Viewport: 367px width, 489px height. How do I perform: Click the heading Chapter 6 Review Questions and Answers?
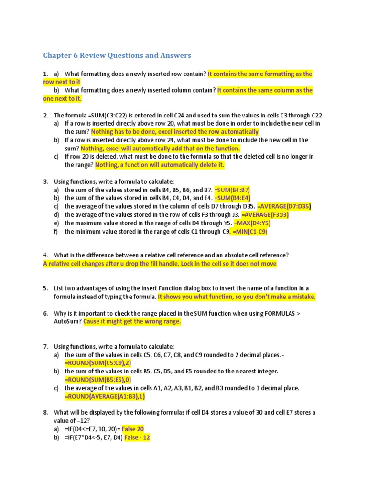(x=117, y=55)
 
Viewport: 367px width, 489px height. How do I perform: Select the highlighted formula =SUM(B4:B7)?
(x=232, y=190)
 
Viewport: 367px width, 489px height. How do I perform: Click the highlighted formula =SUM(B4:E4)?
(x=232, y=198)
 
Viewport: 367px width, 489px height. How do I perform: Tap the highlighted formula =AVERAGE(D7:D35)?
(x=284, y=207)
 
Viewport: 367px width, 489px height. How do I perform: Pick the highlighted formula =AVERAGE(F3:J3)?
(x=265, y=215)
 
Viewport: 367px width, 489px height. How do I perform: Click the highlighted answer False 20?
(x=133, y=429)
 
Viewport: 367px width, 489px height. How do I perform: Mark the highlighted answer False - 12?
(x=137, y=437)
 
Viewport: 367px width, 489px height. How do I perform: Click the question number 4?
(x=45, y=255)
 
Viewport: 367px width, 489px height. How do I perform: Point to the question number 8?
(x=45, y=412)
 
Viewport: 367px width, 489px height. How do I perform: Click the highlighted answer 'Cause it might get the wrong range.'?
(x=132, y=321)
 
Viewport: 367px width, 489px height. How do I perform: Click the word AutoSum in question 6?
(x=67, y=321)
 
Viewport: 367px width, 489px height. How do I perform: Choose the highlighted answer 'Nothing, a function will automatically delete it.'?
(x=160, y=165)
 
